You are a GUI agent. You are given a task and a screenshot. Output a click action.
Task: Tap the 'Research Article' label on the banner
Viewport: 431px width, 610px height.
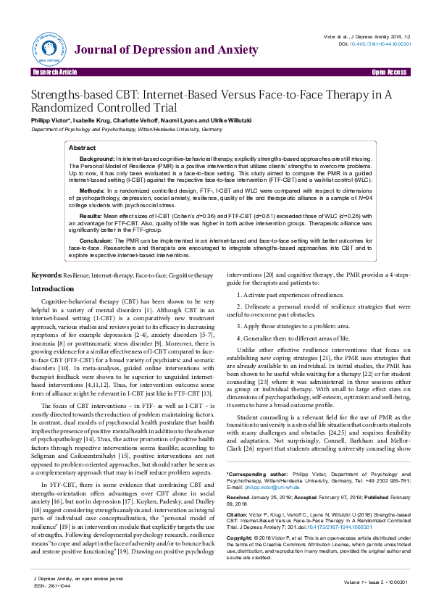53,73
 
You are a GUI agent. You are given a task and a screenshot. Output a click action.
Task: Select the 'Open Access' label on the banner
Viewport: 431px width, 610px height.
390,73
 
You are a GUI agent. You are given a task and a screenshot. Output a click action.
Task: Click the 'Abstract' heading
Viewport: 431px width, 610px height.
82,147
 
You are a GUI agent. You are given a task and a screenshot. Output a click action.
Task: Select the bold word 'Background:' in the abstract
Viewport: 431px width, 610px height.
97,158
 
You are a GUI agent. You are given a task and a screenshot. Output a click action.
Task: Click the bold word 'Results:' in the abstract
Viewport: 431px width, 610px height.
92,216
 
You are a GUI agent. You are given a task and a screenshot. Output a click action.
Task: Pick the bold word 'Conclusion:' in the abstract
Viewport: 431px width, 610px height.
96,240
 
